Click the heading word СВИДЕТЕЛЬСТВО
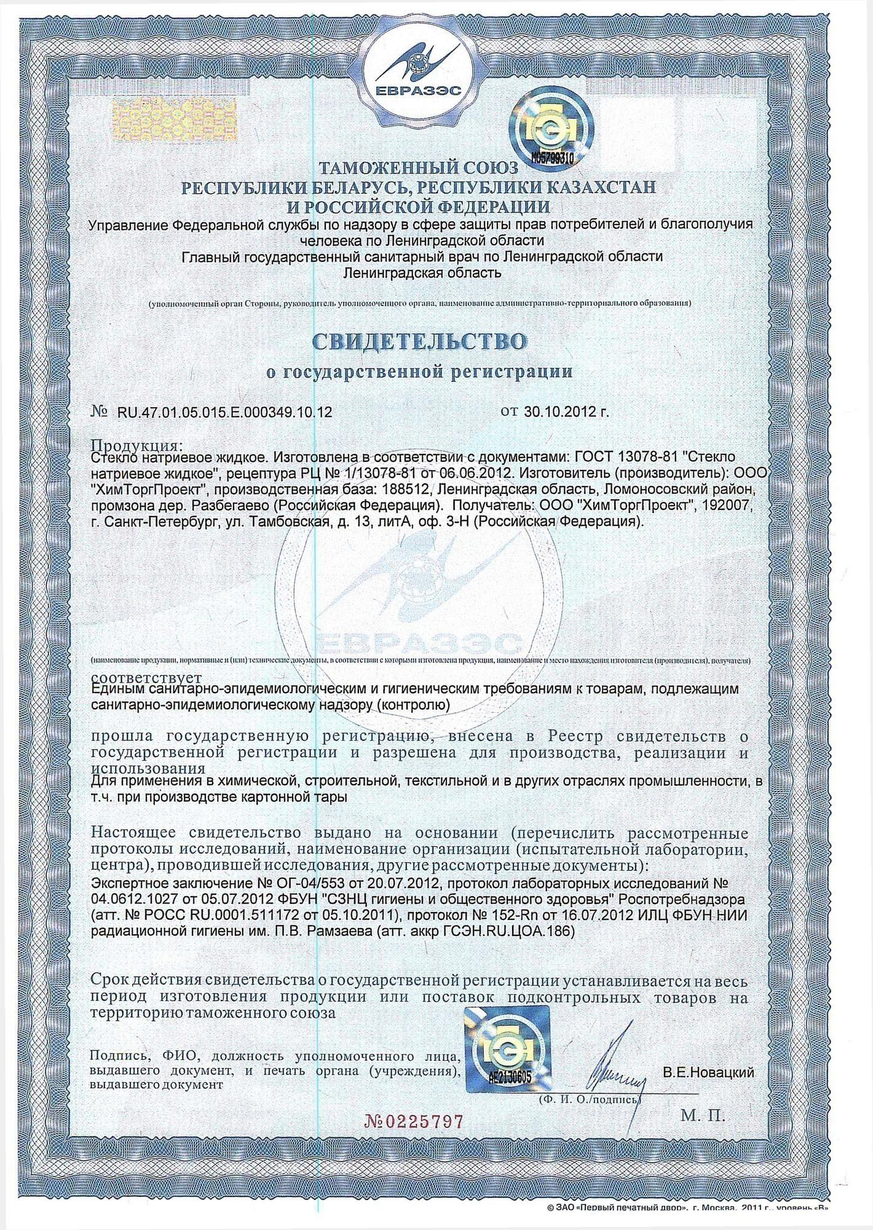(421, 342)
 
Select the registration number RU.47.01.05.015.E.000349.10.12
(224, 413)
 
